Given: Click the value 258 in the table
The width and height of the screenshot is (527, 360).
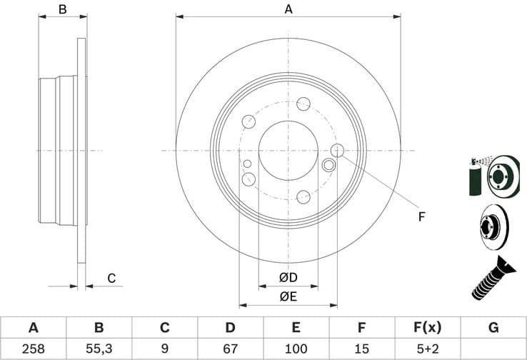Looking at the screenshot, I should click(33, 349).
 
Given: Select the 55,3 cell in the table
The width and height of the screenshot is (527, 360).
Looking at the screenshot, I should click(99, 349).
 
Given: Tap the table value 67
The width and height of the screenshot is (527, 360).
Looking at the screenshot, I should click(230, 349).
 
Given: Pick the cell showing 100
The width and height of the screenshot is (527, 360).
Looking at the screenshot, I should click(296, 349).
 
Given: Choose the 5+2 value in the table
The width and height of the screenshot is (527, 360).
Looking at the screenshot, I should click(427, 349).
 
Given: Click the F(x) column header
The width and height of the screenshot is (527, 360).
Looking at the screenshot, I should click(427, 328).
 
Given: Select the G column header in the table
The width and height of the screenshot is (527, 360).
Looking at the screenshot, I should click(493, 328).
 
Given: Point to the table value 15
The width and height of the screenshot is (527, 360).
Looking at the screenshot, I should click(361, 349).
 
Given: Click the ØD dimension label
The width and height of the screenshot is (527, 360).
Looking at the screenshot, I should click(288, 277).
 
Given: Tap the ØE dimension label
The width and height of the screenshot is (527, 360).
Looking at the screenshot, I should click(288, 296).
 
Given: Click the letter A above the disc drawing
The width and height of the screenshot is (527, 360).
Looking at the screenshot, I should click(288, 9).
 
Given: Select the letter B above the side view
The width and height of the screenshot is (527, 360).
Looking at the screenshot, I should click(62, 9).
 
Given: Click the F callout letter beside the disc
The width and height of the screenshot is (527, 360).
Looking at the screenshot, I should click(421, 216).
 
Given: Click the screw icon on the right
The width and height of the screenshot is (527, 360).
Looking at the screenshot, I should click(493, 279).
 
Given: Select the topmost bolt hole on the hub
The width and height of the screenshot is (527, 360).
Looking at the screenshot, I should click(303, 104).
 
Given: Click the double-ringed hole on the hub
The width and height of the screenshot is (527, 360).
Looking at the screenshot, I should click(329, 166).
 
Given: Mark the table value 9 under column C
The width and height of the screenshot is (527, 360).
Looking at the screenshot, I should click(164, 349).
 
